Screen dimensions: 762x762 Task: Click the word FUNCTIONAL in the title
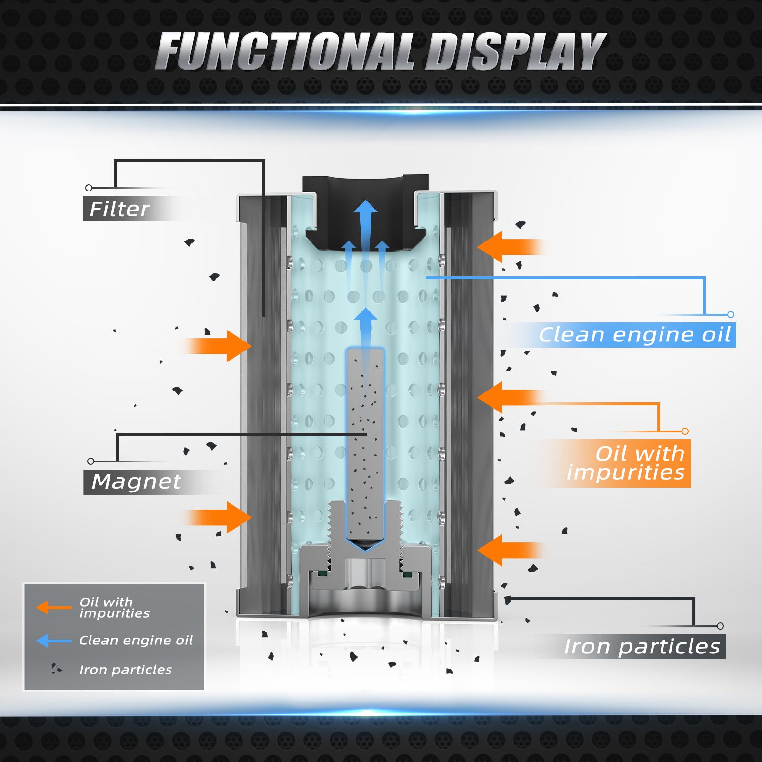coord(286,51)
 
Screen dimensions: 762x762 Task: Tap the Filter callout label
coord(120,209)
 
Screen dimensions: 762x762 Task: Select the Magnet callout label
coord(136,481)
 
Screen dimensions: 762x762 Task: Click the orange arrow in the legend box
coord(53,607)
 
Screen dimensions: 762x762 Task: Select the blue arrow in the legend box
coord(53,641)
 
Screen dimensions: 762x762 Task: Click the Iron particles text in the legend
coord(126,670)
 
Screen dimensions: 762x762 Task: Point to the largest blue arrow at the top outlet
coord(366,224)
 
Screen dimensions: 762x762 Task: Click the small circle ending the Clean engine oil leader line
coord(731,314)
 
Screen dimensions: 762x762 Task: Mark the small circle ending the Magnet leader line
coord(90,461)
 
